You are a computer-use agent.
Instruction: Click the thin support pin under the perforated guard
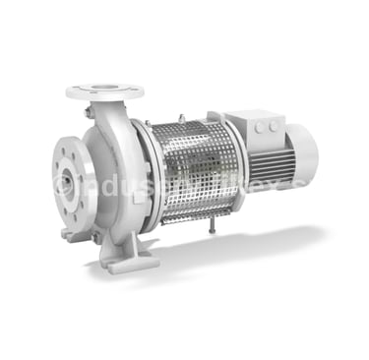pyautogui.click(x=212, y=228)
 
